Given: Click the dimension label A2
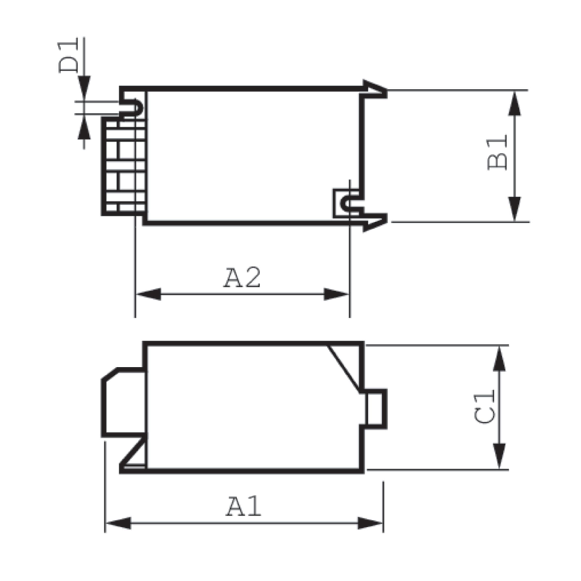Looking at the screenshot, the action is (x=242, y=278).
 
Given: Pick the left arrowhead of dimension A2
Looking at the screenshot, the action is (x=149, y=294).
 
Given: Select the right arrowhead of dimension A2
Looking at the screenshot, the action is (x=336, y=294).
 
